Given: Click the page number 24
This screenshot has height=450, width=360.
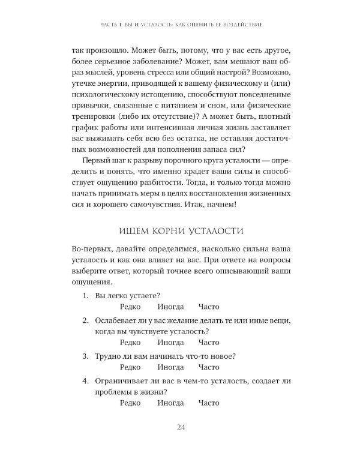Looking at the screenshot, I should [180, 427].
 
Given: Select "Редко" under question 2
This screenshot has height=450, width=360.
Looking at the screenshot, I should [130, 342].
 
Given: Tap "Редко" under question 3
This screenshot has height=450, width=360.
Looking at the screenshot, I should [130, 367].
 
